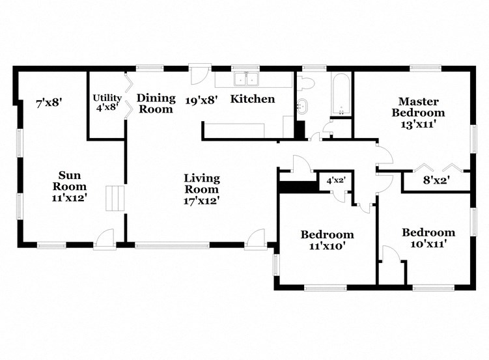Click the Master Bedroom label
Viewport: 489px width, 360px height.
tap(418, 107)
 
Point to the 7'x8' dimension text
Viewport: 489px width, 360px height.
tap(49, 102)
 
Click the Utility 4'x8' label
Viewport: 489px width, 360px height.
tap(107, 102)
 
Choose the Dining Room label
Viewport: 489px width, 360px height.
tap(156, 104)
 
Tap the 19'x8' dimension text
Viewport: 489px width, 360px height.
tap(201, 100)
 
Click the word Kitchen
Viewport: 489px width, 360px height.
tap(253, 99)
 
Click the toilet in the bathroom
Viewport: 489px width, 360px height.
tap(305, 83)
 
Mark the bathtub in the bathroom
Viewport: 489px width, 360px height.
tap(341, 94)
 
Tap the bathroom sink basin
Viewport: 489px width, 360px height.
tap(303, 107)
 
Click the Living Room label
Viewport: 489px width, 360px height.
tap(201, 189)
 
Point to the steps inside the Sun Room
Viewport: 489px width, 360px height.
tap(115, 198)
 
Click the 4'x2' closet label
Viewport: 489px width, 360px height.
tap(335, 180)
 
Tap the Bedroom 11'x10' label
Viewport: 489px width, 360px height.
tap(327, 240)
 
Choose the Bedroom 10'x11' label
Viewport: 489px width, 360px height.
tap(428, 238)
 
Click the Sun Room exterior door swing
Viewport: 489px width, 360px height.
tap(104, 239)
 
